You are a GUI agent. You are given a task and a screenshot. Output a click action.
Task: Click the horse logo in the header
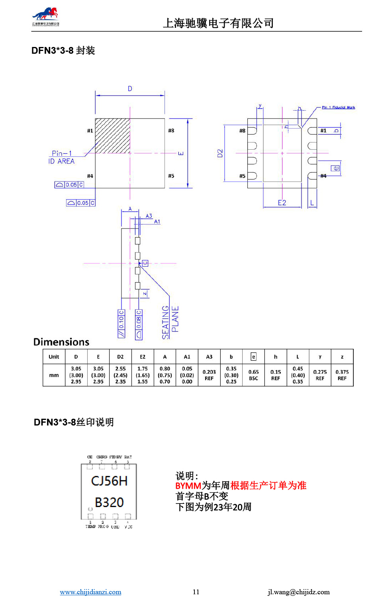coord(45,16)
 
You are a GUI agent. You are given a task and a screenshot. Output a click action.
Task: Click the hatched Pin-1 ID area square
coord(112,136)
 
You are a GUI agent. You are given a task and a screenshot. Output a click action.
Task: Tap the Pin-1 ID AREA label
coord(61,157)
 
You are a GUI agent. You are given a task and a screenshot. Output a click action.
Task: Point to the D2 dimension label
coord(220,153)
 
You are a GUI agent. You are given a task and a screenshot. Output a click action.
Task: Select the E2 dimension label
coord(282,203)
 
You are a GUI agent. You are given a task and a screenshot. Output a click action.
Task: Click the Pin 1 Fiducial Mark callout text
coord(338,107)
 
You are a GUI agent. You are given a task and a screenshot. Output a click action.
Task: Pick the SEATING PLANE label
coord(170,322)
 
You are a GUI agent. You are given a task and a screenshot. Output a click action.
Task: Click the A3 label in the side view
coord(149,216)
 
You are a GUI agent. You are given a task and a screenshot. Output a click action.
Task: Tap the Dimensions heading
coord(61,342)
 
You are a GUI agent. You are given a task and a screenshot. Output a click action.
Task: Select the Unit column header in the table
coord(54,357)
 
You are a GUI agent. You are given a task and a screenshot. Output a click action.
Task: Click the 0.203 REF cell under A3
coord(209,375)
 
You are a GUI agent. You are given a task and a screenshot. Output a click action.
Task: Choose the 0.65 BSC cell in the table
coord(253,375)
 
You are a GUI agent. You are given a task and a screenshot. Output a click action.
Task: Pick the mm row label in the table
coord(54,375)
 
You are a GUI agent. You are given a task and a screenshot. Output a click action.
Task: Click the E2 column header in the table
coord(143,357)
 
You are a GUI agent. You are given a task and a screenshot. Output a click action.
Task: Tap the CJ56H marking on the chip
coord(109,481)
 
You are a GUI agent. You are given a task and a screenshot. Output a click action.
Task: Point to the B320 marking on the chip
coord(109,502)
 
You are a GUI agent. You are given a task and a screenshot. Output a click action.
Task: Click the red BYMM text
coord(188,486)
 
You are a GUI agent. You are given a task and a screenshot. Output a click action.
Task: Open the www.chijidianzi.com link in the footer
coord(90,592)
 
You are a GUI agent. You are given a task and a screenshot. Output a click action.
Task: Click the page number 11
coord(196,592)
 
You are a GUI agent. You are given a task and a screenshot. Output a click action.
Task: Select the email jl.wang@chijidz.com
coord(299,592)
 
